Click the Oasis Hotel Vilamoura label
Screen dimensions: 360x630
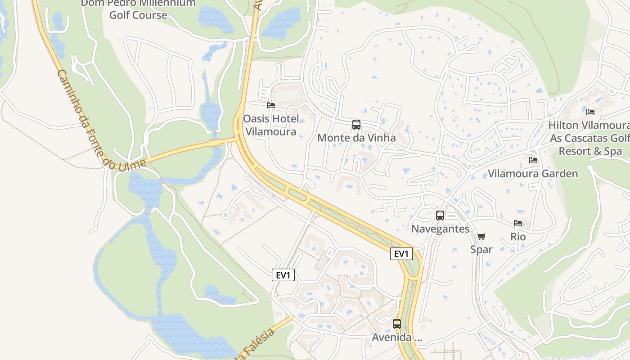[x=270, y=125]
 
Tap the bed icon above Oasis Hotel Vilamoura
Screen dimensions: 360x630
[x=271, y=105]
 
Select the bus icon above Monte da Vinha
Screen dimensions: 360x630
[x=356, y=125]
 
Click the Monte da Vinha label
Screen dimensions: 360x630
[x=356, y=138]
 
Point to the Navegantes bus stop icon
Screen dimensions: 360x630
[x=440, y=216]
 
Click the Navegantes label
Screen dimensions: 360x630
[x=440, y=229]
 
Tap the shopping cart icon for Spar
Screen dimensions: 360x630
[x=481, y=236]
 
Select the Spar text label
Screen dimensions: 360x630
[x=481, y=249]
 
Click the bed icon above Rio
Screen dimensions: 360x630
[x=518, y=223]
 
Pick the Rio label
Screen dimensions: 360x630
[x=518, y=237]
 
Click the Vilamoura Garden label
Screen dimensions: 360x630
[x=533, y=174]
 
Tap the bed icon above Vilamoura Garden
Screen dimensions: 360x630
[x=533, y=160]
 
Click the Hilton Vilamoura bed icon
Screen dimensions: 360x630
[x=590, y=112]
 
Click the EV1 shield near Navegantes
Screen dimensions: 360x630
[x=401, y=254]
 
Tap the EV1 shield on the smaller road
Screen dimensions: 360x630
[x=283, y=275]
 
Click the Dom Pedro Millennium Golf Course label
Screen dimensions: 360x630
[x=138, y=9]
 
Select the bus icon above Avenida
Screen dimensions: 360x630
[x=396, y=324]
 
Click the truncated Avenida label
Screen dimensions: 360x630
[x=396, y=337]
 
